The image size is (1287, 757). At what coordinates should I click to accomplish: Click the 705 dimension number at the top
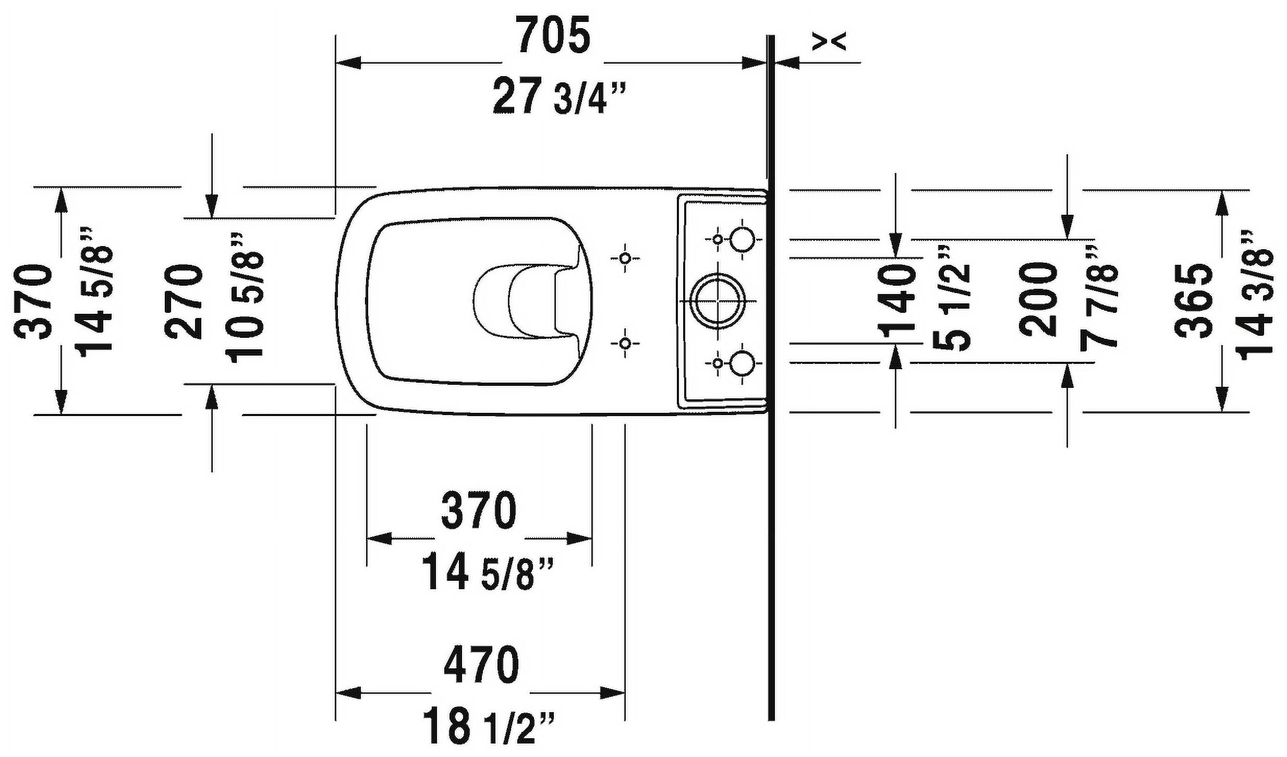554,35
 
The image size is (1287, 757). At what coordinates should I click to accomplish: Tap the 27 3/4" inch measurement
558,96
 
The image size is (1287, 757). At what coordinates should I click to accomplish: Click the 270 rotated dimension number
183,302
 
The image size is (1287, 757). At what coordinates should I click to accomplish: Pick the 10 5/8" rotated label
244,298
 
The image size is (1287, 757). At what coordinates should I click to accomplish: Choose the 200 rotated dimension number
1038,300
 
